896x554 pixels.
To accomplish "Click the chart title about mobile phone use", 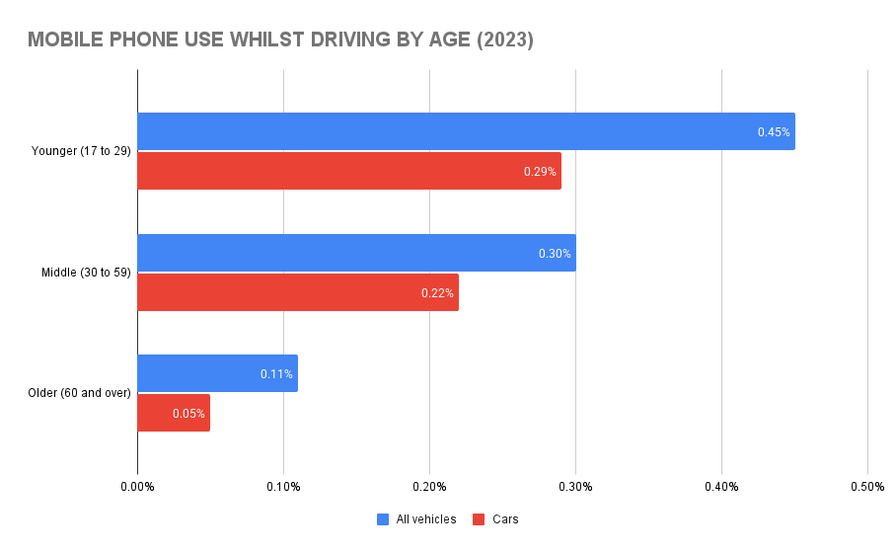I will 280,40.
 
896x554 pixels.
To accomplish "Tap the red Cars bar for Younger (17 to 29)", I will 348,171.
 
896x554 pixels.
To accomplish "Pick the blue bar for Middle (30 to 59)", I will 355,253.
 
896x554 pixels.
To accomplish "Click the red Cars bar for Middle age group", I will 297,292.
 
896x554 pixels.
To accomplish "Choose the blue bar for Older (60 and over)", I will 217,374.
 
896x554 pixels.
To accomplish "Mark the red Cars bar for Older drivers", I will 174,413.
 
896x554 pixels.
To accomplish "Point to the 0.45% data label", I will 774,132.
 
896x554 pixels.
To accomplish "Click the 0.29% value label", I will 540,172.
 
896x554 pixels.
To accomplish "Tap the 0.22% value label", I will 437,293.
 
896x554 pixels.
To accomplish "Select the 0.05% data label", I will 188,414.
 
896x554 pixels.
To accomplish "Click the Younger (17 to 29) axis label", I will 81,151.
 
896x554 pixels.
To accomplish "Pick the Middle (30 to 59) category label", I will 86,273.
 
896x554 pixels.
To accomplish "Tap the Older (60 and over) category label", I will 80,393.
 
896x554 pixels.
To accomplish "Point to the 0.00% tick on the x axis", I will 137,487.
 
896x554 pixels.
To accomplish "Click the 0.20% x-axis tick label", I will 429,487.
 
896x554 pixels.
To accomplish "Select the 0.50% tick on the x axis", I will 866,487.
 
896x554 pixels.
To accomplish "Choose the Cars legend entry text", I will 505,519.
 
